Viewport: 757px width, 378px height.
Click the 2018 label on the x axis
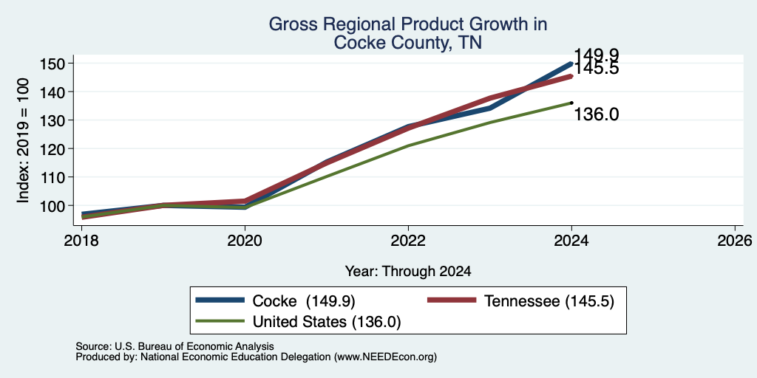click(81, 240)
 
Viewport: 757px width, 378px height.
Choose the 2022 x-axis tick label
click(408, 240)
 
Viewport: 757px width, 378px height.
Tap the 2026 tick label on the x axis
click(736, 240)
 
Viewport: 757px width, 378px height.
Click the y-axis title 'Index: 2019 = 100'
click(23, 141)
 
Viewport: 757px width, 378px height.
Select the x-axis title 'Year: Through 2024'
click(408, 272)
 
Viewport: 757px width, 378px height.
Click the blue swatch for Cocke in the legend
click(220, 300)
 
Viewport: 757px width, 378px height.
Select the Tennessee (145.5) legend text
click(549, 301)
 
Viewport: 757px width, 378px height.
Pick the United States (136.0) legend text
click(327, 322)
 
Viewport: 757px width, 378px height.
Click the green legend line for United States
click(220, 321)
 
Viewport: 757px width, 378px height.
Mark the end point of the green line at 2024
click(571, 102)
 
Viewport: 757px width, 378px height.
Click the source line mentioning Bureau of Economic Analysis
click(174, 346)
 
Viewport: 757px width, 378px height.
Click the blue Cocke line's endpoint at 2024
click(571, 63)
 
